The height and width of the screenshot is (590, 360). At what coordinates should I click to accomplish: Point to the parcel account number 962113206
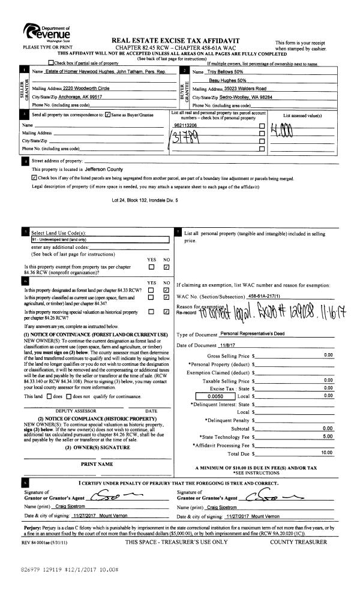[x=185, y=125]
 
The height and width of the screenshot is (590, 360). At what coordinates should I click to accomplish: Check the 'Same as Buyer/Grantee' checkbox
[x=107, y=114]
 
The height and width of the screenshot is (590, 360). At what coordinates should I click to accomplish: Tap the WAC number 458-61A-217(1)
[x=268, y=296]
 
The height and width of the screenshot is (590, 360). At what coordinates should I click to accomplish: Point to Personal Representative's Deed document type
[x=255, y=333]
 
